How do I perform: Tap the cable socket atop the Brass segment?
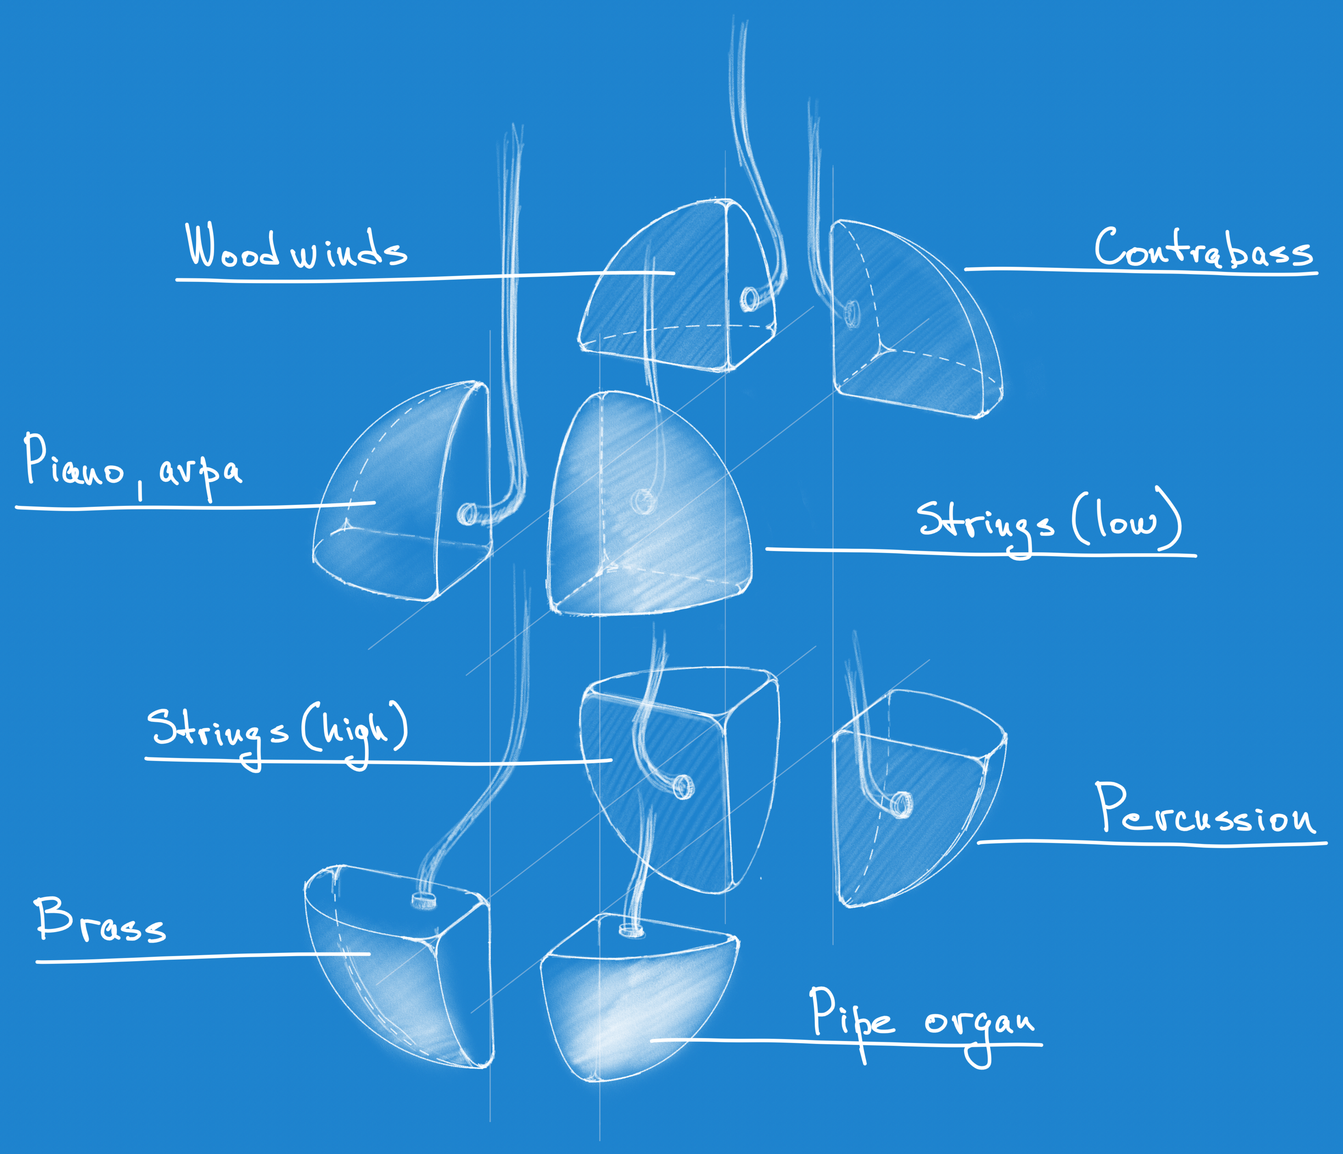(x=423, y=900)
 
